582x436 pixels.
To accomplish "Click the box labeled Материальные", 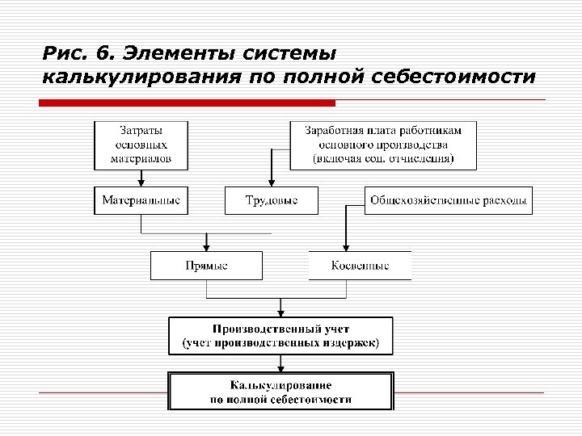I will tap(141, 200).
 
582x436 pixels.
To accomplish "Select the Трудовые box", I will tap(271, 200).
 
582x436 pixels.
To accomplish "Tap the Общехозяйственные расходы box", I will tap(449, 200).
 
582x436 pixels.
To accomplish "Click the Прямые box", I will tap(206, 266).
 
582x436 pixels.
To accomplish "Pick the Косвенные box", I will tap(360, 266).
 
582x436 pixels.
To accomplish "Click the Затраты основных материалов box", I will tap(141, 145).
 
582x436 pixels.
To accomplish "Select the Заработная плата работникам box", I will tap(383, 145).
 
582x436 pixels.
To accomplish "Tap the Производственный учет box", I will tap(280, 336).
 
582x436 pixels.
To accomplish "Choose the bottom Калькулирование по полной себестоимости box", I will tap(280, 392).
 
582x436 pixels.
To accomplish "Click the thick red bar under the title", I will tap(187, 103).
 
